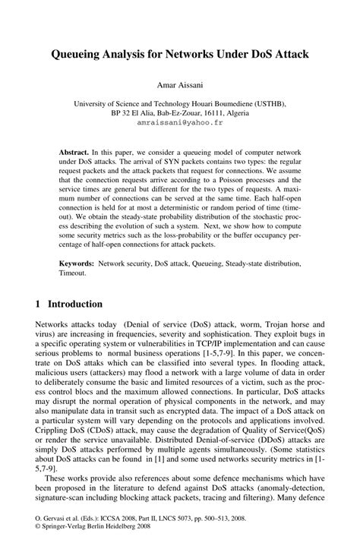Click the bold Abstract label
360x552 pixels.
pos(77,152)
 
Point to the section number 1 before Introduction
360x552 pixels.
pos(39,304)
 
